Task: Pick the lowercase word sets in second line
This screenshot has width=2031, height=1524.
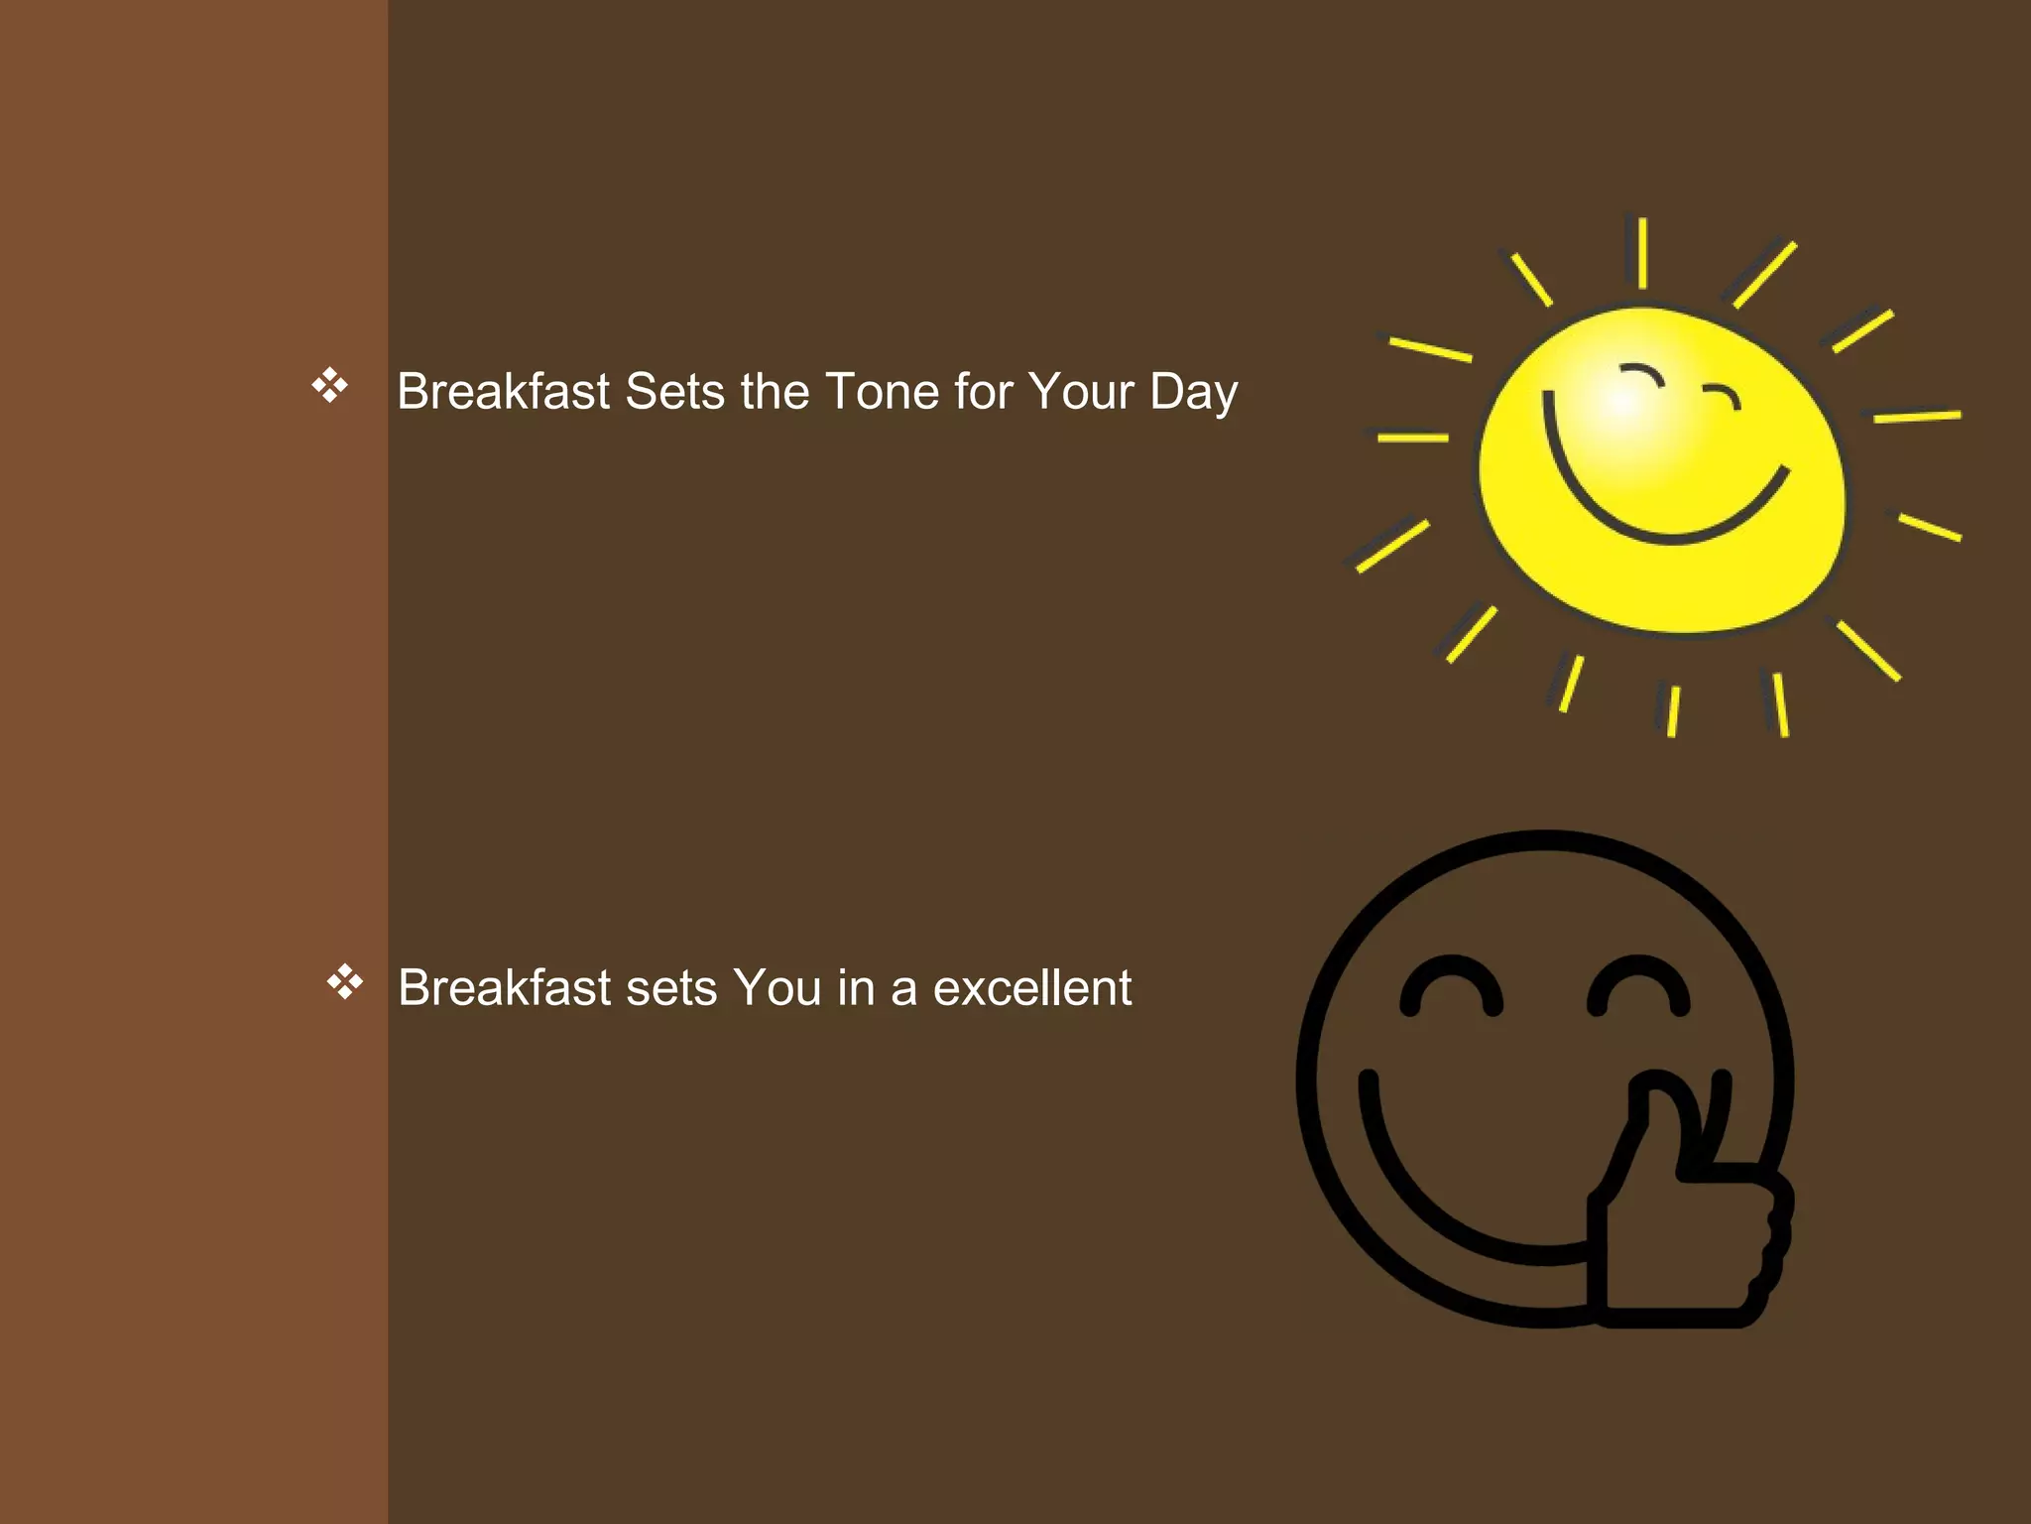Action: click(x=671, y=988)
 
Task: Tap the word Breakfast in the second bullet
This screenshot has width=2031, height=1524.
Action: click(x=505, y=988)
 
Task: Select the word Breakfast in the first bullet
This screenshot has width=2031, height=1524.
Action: click(x=504, y=391)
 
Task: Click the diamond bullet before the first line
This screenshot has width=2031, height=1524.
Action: click(x=329, y=385)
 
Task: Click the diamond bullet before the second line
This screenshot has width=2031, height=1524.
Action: click(x=344, y=982)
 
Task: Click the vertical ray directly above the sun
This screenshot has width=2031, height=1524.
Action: click(x=1642, y=252)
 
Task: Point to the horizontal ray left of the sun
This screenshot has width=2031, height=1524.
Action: click(x=1412, y=437)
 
